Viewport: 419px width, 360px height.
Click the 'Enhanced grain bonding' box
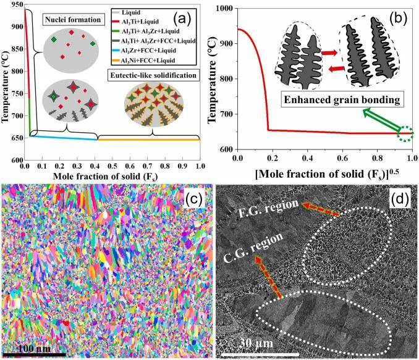(334, 98)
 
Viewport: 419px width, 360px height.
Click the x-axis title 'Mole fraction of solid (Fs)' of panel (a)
(112, 177)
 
